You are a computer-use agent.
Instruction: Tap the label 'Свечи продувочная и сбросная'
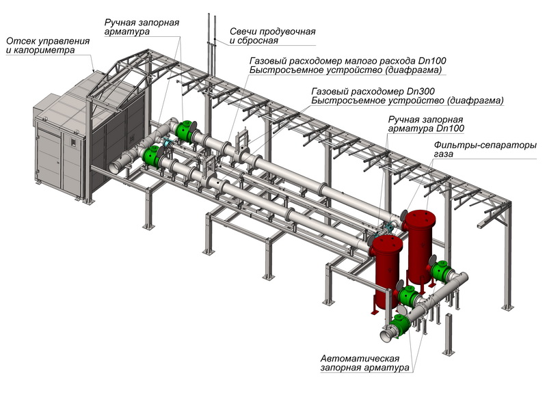(272, 36)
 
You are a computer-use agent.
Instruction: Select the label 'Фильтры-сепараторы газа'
(485, 150)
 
